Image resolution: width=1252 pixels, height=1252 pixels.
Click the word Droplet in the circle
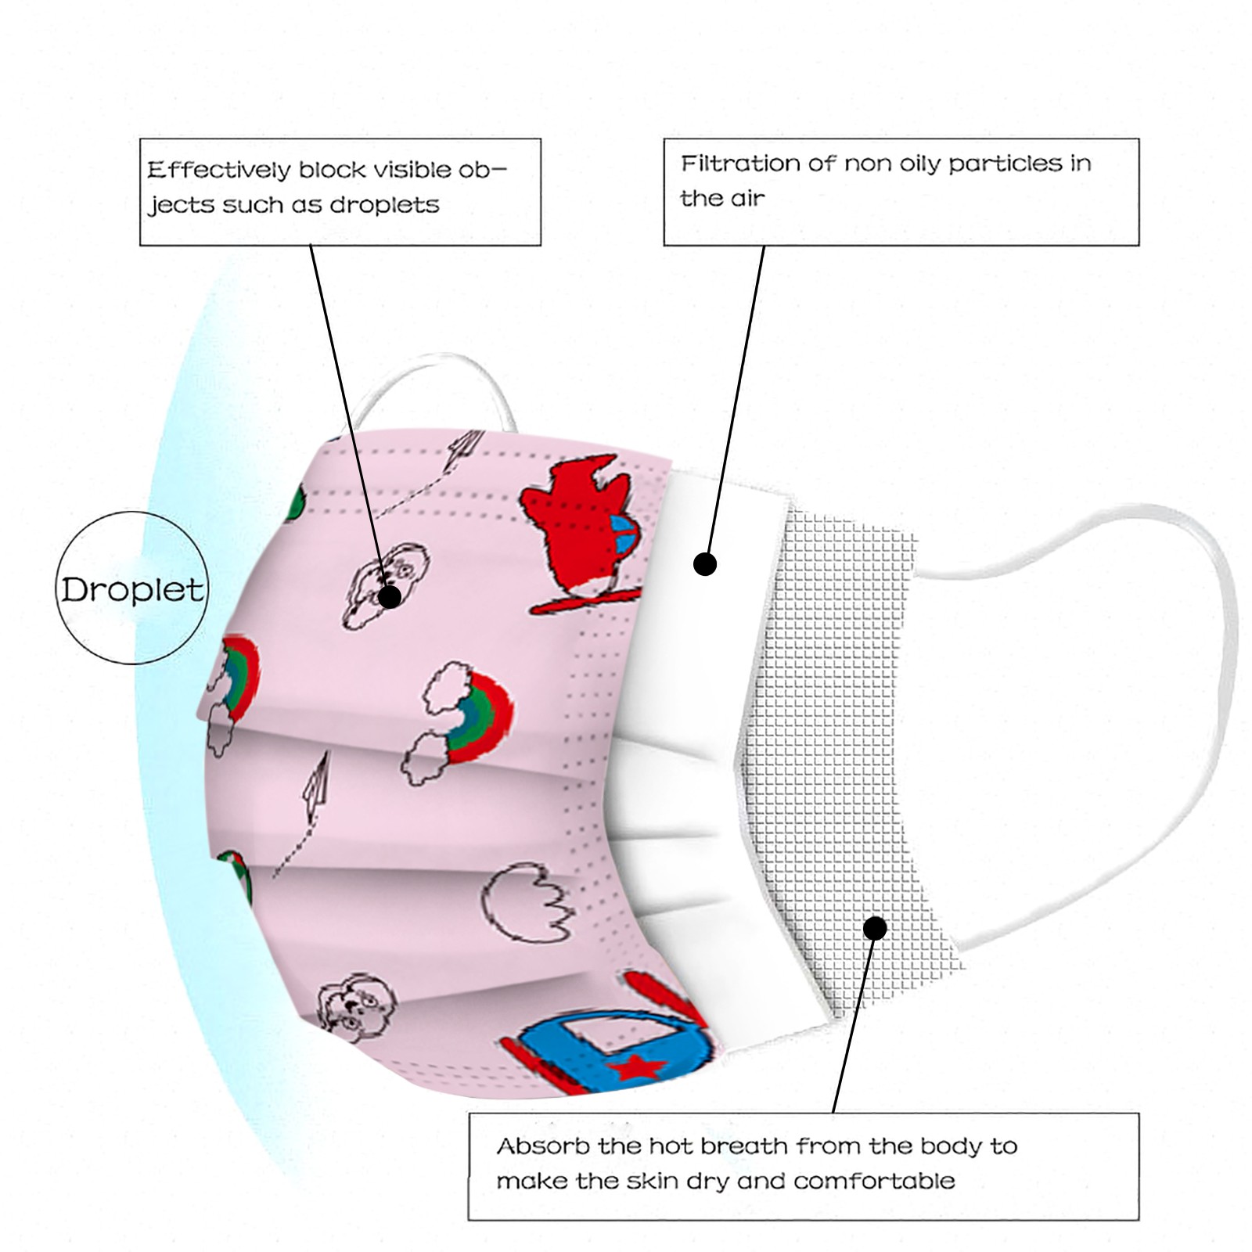131,589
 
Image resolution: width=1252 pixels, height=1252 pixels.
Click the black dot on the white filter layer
705,563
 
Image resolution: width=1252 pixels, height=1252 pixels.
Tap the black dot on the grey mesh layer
875,928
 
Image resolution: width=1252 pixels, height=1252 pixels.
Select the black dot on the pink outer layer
390,596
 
